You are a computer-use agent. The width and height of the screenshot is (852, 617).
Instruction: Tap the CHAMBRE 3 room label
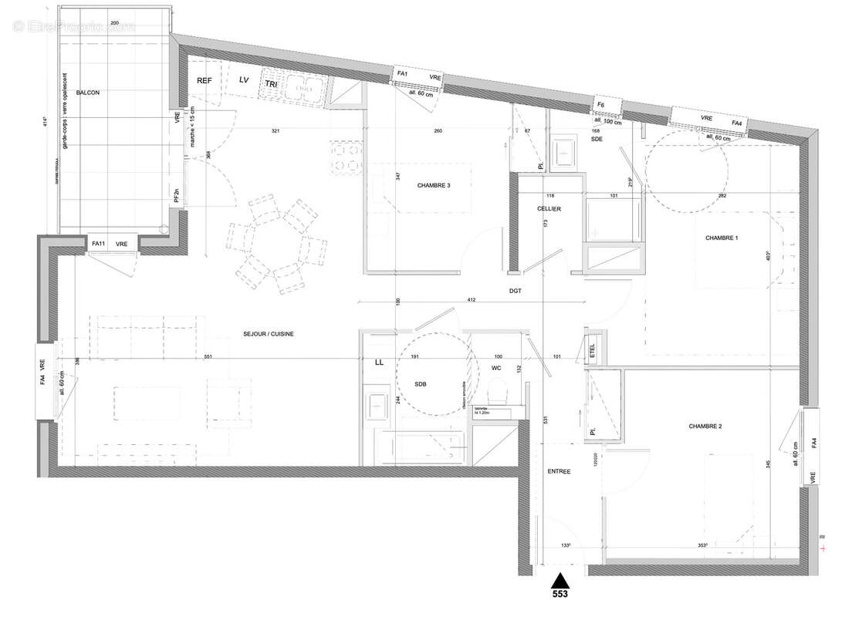pyautogui.click(x=434, y=186)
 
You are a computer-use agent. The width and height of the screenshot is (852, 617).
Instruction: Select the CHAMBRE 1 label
pyautogui.click(x=722, y=238)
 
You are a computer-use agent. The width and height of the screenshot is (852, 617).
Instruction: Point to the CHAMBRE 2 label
pyautogui.click(x=705, y=426)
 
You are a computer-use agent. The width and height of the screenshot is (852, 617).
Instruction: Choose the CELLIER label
pyautogui.click(x=549, y=209)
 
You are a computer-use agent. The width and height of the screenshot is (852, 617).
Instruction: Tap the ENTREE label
pyautogui.click(x=559, y=471)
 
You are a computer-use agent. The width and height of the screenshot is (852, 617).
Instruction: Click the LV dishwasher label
pyautogui.click(x=244, y=79)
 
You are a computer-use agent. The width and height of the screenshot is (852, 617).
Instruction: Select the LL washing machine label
pyautogui.click(x=379, y=362)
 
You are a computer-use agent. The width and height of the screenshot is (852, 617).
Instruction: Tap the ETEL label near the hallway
pyautogui.click(x=593, y=349)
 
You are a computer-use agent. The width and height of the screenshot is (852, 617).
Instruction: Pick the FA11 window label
pyautogui.click(x=98, y=244)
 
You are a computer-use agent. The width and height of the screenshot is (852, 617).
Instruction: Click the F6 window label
pyautogui.click(x=600, y=103)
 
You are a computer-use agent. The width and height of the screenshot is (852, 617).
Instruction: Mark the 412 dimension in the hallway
pyautogui.click(x=473, y=300)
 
